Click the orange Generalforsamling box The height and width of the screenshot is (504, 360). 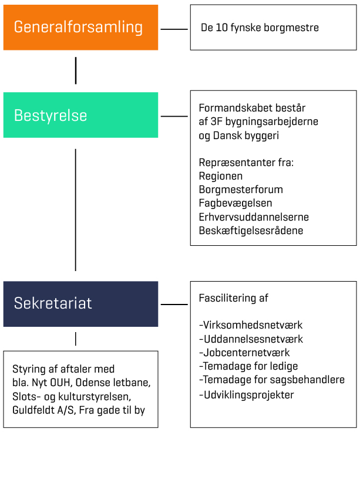[80, 28]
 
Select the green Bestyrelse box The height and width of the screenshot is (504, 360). [80, 115]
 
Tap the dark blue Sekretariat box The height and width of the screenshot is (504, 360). [80, 304]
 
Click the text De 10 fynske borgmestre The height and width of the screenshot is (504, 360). [260, 28]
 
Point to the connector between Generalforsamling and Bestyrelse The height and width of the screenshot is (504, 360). [76, 70]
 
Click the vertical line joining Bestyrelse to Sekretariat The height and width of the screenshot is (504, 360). [76, 209]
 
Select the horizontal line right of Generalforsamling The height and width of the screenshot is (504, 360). [174, 29]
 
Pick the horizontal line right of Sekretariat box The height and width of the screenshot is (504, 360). [174, 304]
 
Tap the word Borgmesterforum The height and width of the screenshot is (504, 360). [241, 190]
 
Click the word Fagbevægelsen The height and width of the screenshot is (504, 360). [235, 204]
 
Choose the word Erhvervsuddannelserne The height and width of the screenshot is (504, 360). [254, 217]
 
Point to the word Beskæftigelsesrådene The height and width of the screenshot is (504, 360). [251, 231]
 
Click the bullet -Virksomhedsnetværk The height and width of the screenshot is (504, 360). [251, 325]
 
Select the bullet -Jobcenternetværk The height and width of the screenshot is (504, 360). [244, 353]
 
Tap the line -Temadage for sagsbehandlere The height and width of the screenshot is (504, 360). [272, 380]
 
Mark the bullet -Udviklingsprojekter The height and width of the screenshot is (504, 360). [247, 395]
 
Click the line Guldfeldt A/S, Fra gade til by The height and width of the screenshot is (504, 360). [79, 411]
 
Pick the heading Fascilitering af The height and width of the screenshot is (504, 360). [234, 298]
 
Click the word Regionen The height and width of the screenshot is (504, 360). [221, 176]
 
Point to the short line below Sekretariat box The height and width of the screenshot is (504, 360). [76, 339]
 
